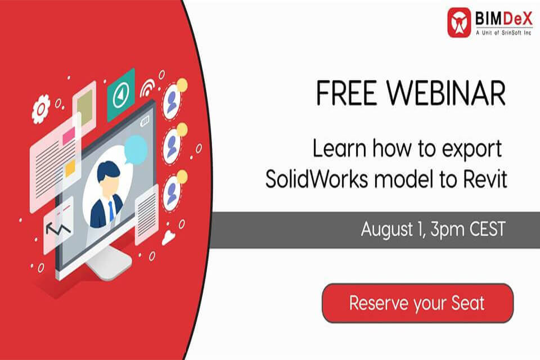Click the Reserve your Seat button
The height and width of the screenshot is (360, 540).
(417, 303)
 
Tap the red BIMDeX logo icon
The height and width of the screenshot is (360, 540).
(459, 22)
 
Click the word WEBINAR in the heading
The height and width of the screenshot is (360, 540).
(446, 93)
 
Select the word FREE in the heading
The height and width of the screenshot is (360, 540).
(345, 93)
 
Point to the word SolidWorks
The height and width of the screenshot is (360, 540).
(317, 179)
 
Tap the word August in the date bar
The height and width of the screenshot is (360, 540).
(387, 229)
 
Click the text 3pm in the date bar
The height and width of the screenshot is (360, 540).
(447, 229)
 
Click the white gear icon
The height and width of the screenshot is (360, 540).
(40, 109)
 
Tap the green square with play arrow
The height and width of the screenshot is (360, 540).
(120, 94)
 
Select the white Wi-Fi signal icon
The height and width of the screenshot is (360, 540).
(148, 87)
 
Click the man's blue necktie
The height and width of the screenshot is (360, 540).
(111, 211)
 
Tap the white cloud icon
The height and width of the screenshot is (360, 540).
(168, 237)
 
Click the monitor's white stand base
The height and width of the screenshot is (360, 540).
(109, 263)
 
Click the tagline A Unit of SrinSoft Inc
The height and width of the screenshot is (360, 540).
(503, 33)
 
